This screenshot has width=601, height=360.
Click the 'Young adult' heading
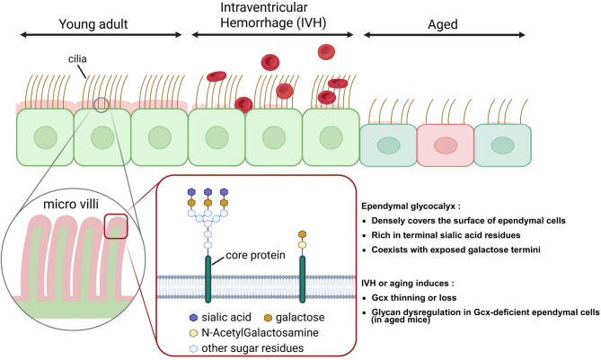coord(93,24)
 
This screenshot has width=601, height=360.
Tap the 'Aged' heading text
coord(443,24)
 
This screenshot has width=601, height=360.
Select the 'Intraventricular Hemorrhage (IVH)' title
coord(273,15)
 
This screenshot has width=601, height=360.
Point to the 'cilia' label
coord(77,58)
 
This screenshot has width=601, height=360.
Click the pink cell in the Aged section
coord(446,145)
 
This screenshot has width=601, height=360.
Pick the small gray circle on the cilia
coord(102,105)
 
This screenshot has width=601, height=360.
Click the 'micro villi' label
coord(71,204)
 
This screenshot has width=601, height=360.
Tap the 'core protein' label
coord(255,255)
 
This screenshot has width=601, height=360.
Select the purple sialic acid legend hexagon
coord(193,318)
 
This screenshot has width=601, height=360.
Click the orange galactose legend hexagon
coord(268,318)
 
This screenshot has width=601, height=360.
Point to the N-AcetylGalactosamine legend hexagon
coord(193,333)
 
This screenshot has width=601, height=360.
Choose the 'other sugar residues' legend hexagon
coord(193,348)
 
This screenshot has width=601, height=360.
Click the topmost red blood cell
coord(326,52)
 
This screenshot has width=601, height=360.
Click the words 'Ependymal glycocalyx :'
coord(411,206)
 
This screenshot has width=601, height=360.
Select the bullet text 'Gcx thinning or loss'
coord(414,297)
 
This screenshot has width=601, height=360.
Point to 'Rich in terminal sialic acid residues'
coord(446,235)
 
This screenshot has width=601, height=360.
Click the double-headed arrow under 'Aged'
coord(444,35)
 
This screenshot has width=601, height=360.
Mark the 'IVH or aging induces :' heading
coord(408,284)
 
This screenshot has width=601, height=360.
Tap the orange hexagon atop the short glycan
coord(302,234)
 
